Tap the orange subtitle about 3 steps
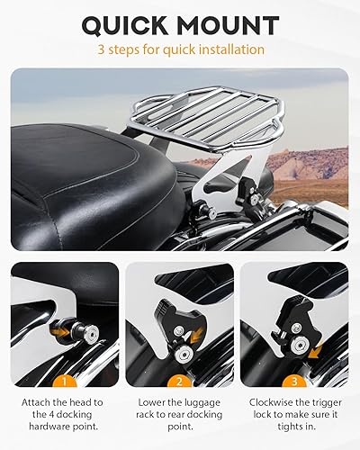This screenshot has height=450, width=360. coord(180,50)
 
